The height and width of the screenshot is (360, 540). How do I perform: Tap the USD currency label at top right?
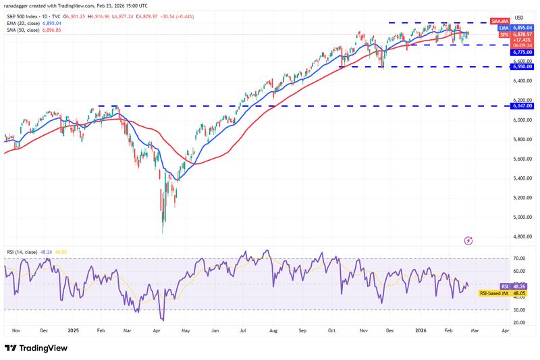click(x=519, y=17)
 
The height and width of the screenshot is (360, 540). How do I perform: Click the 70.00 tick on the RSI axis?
click(x=519, y=259)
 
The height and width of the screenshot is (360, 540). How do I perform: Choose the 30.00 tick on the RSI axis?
click(x=519, y=310)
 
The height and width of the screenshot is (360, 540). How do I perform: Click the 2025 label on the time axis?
click(x=73, y=332)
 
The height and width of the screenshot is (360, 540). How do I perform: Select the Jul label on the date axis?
click(x=242, y=332)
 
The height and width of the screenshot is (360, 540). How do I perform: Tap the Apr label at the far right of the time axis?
click(x=506, y=332)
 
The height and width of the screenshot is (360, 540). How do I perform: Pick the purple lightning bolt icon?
click(x=468, y=240)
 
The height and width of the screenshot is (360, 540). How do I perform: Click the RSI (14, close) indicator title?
click(x=22, y=253)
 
